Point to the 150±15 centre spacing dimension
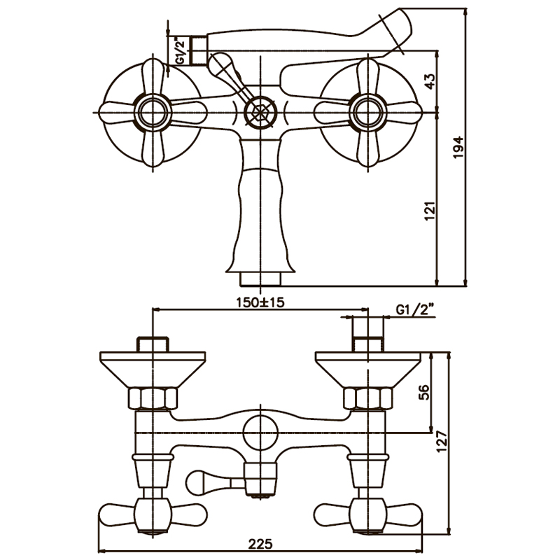click(x=260, y=302)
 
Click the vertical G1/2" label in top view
click(x=179, y=51)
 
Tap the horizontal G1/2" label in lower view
click(x=415, y=309)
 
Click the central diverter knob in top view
click(x=260, y=112)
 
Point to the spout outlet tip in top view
click(x=260, y=280)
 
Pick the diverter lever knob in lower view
click(x=203, y=481)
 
